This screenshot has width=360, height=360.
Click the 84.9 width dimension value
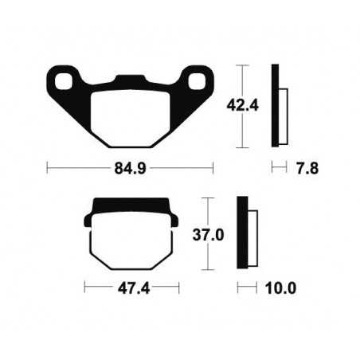point(129,168)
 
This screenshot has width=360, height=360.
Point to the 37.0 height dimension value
point(227,236)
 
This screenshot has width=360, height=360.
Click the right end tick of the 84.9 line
point(213,168)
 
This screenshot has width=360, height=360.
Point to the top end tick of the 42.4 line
point(242,64)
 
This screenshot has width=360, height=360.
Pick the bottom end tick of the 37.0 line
point(210,272)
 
